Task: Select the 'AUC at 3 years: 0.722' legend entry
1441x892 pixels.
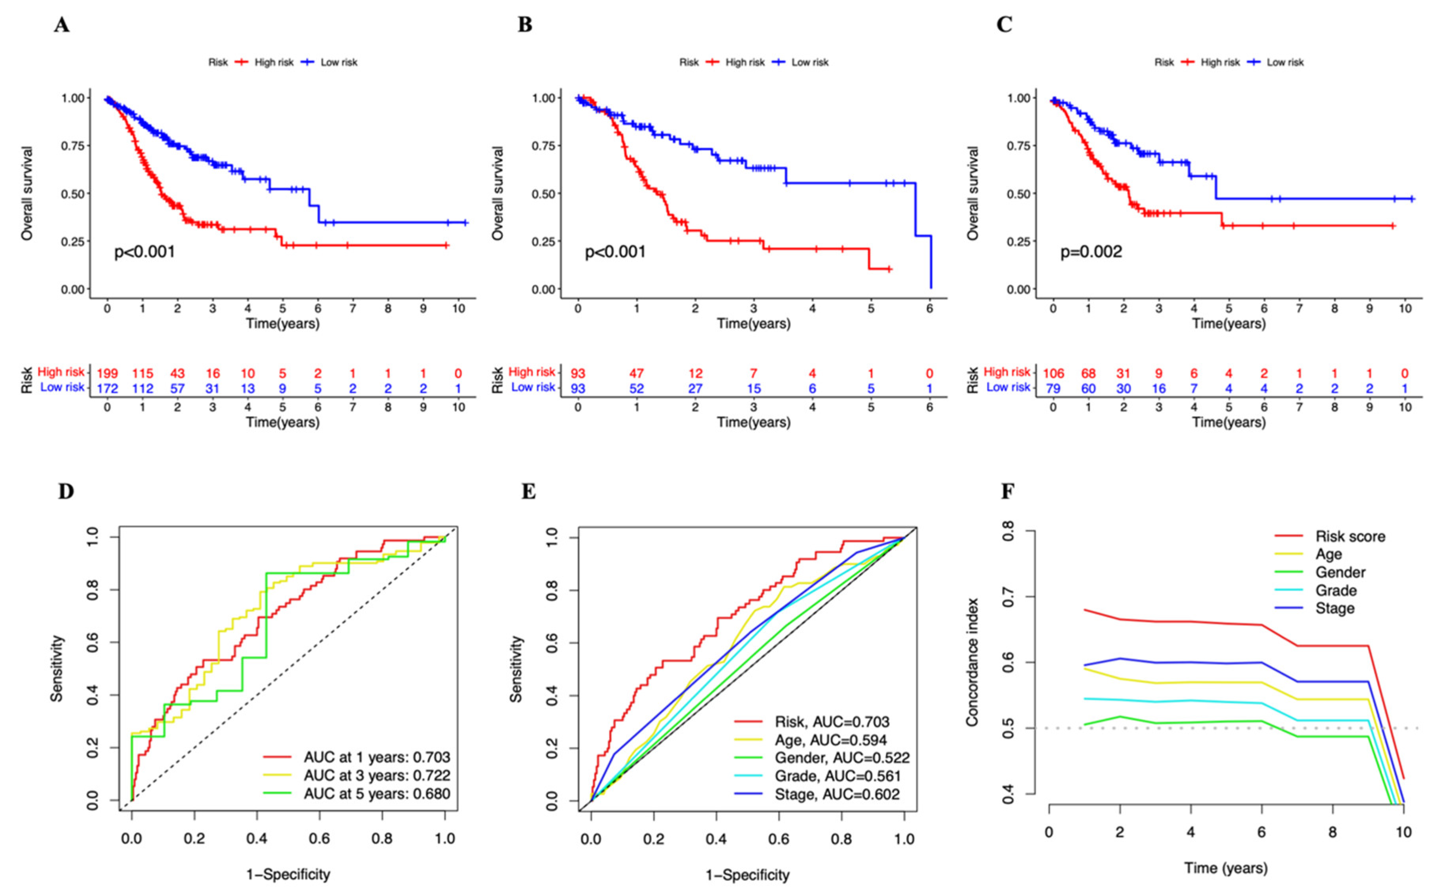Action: pyautogui.click(x=376, y=775)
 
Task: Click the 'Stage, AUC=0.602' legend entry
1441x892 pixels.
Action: pyautogui.click(x=837, y=794)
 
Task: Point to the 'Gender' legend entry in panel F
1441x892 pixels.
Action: pyautogui.click(x=1340, y=572)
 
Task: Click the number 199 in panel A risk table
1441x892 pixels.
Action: pyautogui.click(x=107, y=373)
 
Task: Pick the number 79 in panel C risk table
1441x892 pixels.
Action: pyautogui.click(x=1053, y=389)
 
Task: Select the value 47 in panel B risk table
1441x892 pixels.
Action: pyautogui.click(x=636, y=373)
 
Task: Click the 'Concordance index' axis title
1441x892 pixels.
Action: pyautogui.click(x=972, y=662)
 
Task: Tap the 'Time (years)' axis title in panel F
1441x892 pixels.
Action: pyautogui.click(x=1226, y=868)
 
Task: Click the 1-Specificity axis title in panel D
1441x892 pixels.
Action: pyautogui.click(x=288, y=874)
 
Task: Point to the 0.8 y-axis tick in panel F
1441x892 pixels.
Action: pyautogui.click(x=1009, y=531)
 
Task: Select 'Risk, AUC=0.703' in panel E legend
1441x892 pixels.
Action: pyautogui.click(x=832, y=722)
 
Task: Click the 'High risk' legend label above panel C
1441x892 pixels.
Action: pyautogui.click(x=1220, y=62)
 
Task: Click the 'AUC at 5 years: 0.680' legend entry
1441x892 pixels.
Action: pyautogui.click(x=376, y=794)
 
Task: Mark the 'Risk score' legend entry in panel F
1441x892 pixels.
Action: pyautogui.click(x=1350, y=536)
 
